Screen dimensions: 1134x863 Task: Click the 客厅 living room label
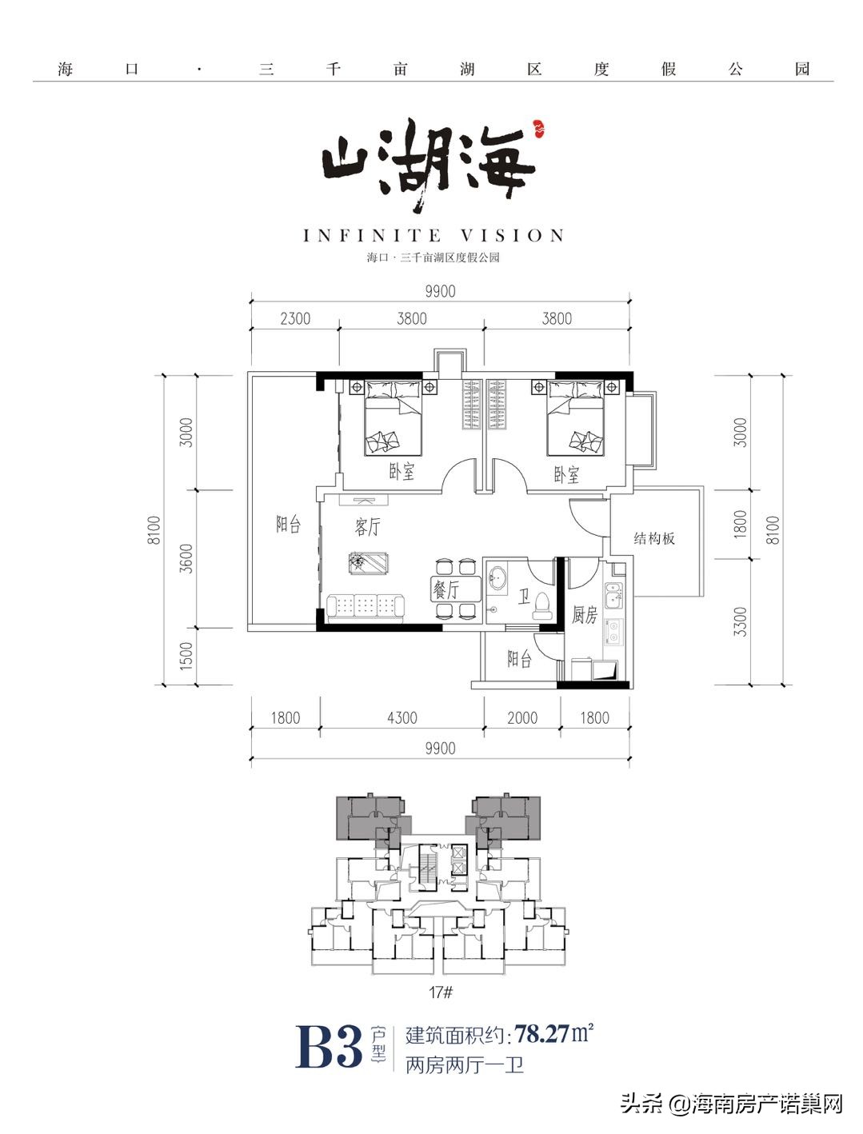tap(368, 527)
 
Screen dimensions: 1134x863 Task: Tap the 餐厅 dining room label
tap(446, 590)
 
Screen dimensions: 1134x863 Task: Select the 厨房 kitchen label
tap(585, 615)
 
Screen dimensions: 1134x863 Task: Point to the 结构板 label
tap(654, 538)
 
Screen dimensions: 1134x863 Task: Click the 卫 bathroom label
tap(524, 596)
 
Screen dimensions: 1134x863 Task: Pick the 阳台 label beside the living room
tap(289, 524)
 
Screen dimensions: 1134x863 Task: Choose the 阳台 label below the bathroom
tap(520, 659)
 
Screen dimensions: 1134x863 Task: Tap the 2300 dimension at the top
tap(295, 318)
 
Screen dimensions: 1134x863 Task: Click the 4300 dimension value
tap(402, 717)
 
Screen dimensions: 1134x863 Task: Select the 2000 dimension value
tap(522, 717)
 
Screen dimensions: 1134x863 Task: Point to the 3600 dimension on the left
tap(186, 557)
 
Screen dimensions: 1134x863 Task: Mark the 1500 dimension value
tap(186, 656)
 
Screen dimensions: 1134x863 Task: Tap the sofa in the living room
tap(367, 607)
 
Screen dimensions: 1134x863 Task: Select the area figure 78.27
tap(542, 1033)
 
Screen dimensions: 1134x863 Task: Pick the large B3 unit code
tap(329, 1046)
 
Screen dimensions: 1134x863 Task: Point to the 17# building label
tap(441, 992)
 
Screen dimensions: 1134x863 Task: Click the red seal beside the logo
tap(537, 126)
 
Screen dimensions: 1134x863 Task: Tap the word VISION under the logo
tap(513, 236)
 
